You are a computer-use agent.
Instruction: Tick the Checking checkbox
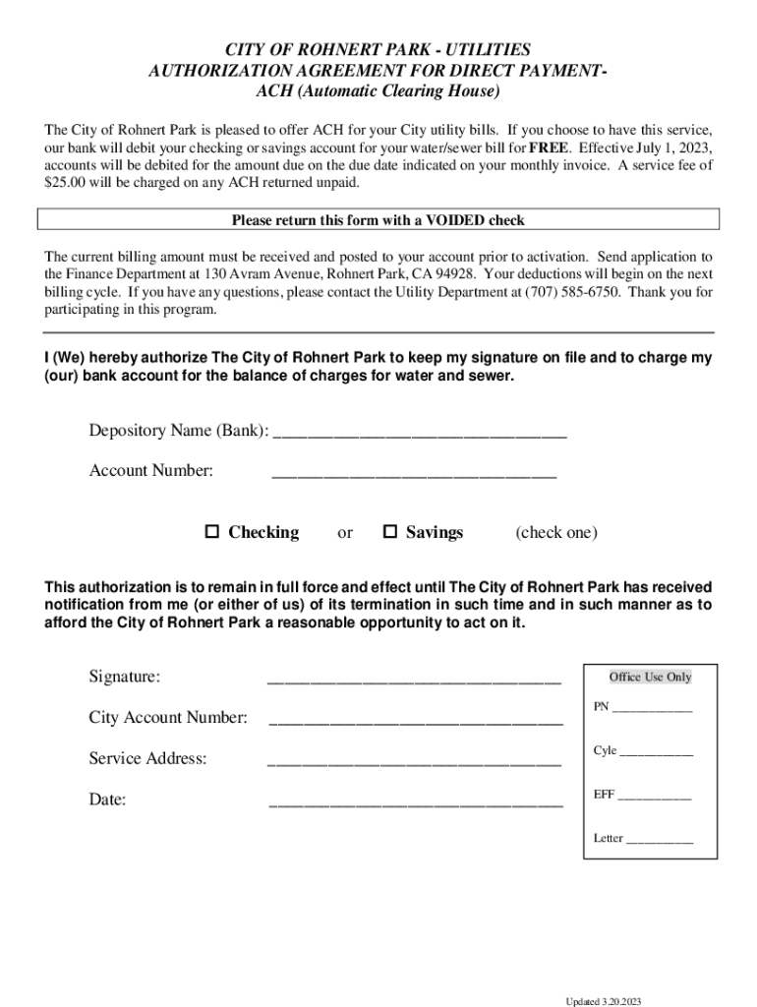211,532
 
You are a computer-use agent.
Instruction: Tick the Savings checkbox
389,532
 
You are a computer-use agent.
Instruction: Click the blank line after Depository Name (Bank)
419,434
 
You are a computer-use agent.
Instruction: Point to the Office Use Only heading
650,677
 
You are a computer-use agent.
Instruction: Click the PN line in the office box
652,710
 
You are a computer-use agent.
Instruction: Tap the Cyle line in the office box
657,753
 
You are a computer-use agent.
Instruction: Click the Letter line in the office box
660,841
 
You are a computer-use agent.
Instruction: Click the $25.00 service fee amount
66,183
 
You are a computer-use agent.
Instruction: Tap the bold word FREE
549,148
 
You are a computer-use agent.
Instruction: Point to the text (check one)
555,533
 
